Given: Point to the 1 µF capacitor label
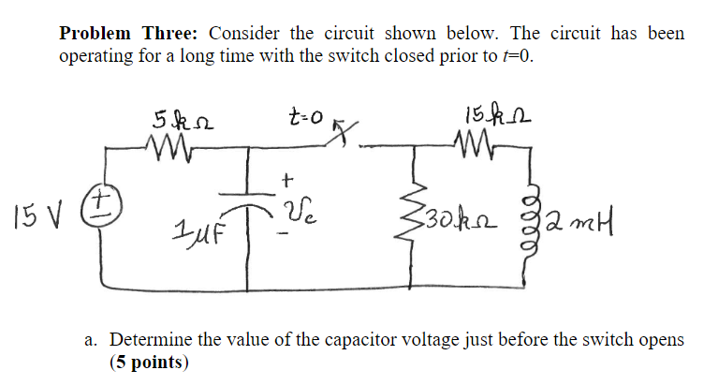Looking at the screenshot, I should coord(196,227).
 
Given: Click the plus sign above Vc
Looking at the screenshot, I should coord(287,177).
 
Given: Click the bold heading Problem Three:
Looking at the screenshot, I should coord(126,33).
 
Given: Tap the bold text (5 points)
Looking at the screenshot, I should coord(149,361).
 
